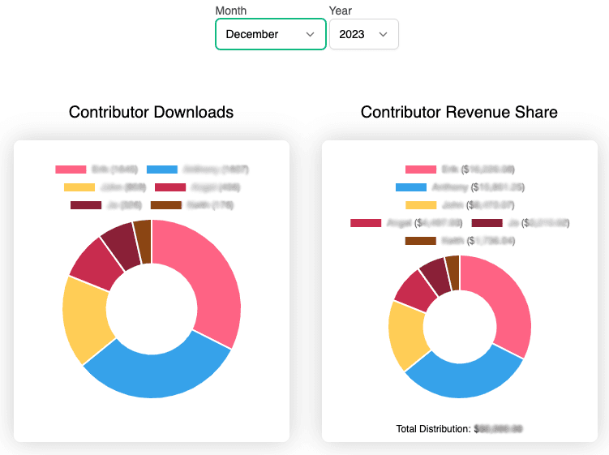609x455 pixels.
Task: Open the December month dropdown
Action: coord(270,34)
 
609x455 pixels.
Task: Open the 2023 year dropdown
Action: coord(363,34)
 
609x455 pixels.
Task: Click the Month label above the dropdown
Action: coord(231,11)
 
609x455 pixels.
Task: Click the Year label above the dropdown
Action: coord(341,11)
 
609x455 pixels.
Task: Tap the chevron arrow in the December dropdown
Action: coord(310,34)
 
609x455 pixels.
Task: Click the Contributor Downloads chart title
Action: coord(151,112)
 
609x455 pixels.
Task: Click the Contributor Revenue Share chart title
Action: coord(459,112)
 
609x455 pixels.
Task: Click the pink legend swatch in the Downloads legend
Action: coord(71,170)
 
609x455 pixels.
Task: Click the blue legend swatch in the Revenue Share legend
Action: coord(410,187)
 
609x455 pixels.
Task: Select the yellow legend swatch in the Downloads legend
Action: coord(79,187)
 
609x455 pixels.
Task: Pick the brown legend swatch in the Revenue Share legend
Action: coord(420,240)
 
